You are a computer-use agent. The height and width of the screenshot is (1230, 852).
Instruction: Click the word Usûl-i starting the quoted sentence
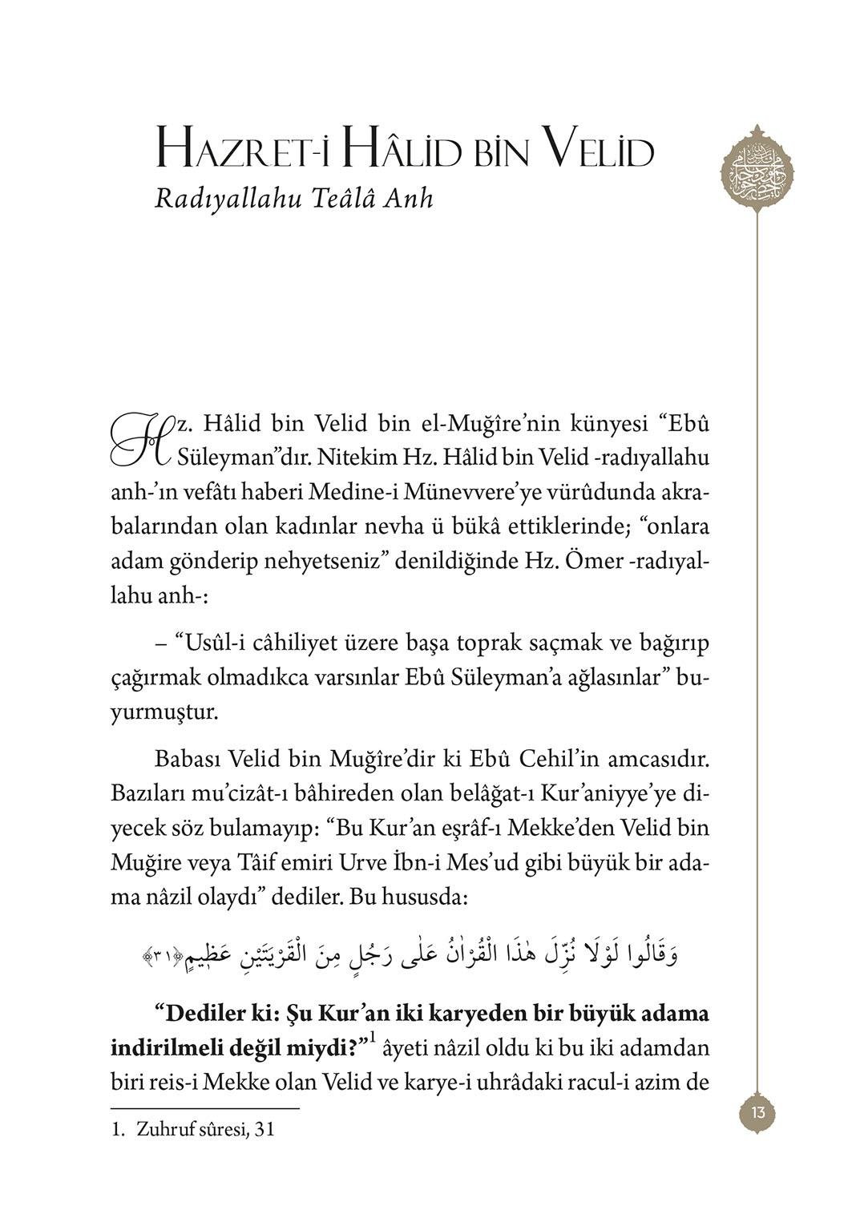(x=212, y=643)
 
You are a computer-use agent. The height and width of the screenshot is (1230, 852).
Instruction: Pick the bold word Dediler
(x=200, y=1014)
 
